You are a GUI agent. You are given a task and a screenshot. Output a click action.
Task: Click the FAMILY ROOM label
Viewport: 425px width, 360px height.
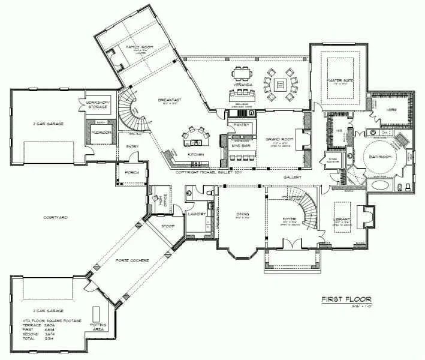click(x=136, y=47)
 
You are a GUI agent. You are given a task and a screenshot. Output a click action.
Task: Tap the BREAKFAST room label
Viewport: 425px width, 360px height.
click(x=170, y=100)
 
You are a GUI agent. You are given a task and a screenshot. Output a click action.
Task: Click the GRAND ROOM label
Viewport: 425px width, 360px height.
click(x=278, y=139)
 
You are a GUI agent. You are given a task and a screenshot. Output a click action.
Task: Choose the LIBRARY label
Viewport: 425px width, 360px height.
click(x=343, y=220)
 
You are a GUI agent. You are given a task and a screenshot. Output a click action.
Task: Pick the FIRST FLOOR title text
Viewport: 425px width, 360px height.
click(x=346, y=299)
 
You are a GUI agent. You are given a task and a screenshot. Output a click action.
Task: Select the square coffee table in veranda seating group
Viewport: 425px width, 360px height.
click(x=280, y=85)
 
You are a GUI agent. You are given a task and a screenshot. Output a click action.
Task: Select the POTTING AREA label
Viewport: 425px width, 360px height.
click(x=98, y=327)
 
